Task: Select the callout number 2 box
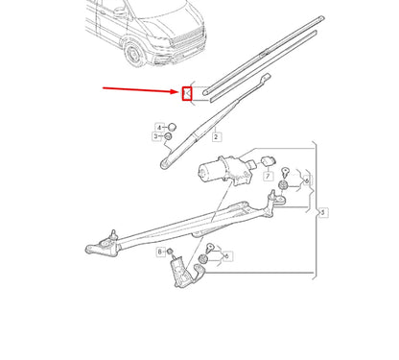click(217, 137)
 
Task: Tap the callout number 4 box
click(159, 127)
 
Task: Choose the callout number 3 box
click(155, 137)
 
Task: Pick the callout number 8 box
click(160, 251)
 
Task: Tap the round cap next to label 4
click(173, 127)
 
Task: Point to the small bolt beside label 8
click(172, 252)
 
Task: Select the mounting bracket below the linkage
click(182, 271)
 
